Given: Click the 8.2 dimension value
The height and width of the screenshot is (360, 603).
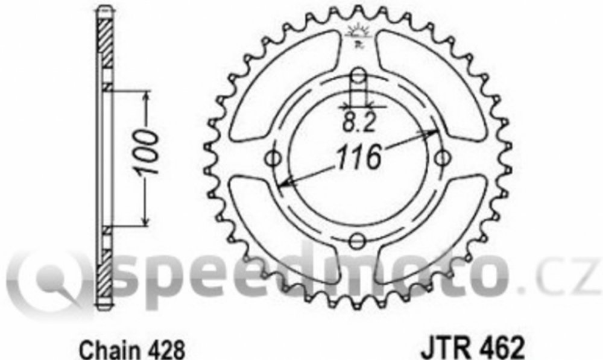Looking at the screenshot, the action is coord(358,123).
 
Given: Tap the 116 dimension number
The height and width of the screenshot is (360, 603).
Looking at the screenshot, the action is coord(358,157).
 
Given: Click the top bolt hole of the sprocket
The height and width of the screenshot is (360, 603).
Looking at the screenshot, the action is coord(358,76).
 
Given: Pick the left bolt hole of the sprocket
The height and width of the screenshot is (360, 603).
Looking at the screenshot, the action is coord(274,159).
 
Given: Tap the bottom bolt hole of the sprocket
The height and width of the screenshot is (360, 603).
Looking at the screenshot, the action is coord(358,241).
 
